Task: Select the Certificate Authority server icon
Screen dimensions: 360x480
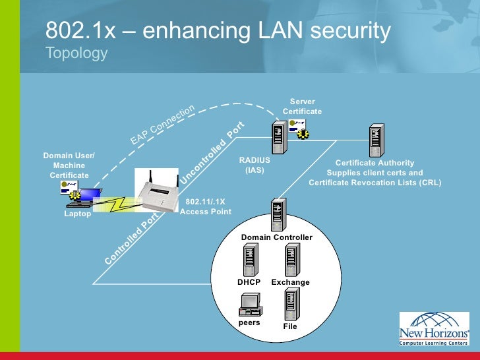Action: click(x=376, y=140)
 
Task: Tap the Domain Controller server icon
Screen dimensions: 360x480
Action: click(x=276, y=215)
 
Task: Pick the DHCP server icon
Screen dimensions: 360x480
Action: click(x=250, y=260)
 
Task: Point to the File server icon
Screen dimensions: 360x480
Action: click(x=291, y=304)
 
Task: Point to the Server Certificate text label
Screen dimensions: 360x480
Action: click(x=303, y=107)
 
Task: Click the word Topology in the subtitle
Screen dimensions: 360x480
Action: click(x=76, y=53)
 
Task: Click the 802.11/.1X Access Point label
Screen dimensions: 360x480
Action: click(x=206, y=207)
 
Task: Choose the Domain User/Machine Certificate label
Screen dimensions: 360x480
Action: click(x=69, y=165)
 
